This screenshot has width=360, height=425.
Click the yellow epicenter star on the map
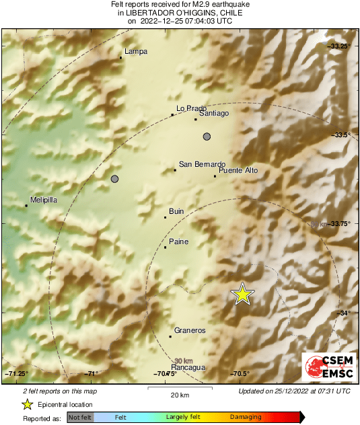click(242, 294)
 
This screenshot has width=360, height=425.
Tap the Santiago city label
click(215, 114)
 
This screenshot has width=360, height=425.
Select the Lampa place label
click(136, 52)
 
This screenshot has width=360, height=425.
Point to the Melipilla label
click(42, 200)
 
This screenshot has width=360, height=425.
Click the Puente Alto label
click(238, 171)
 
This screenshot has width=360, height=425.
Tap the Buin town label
click(176, 212)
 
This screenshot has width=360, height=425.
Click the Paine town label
click(178, 242)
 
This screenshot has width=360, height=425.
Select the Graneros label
click(190, 331)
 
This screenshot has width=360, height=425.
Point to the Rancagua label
click(188, 368)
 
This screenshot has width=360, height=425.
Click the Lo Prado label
click(191, 108)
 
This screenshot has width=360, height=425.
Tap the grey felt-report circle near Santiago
click(207, 137)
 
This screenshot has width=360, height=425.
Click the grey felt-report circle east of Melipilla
click(114, 179)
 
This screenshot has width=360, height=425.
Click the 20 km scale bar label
click(180, 394)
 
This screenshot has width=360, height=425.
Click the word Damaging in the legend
click(246, 418)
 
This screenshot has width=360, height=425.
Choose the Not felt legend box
click(80, 418)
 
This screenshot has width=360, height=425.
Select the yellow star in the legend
click(27, 405)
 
